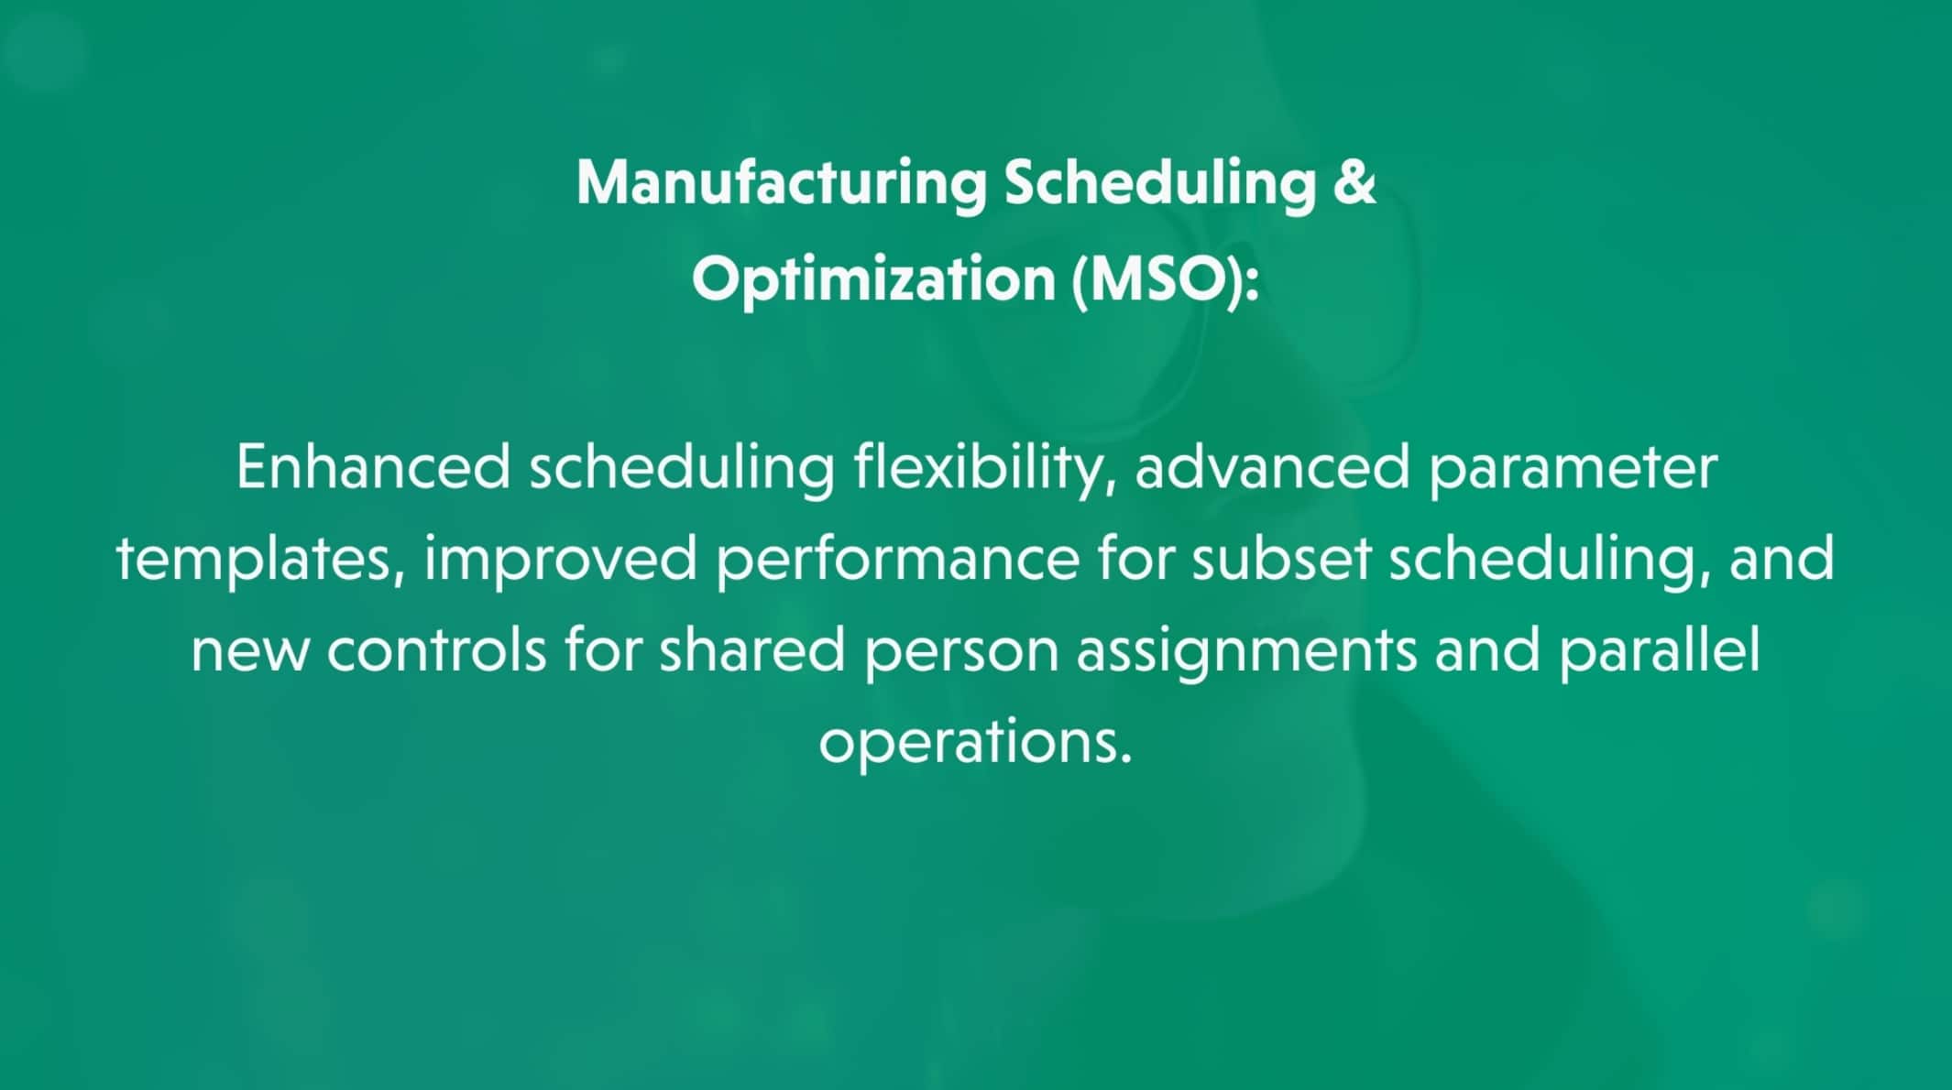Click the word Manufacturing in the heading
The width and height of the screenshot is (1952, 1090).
tap(782, 183)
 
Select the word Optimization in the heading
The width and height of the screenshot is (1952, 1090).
tap(873, 279)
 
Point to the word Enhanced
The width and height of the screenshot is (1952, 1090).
tap(373, 467)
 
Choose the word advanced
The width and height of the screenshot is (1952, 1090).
tap(1272, 467)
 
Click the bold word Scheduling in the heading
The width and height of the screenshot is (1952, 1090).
tap(1161, 183)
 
